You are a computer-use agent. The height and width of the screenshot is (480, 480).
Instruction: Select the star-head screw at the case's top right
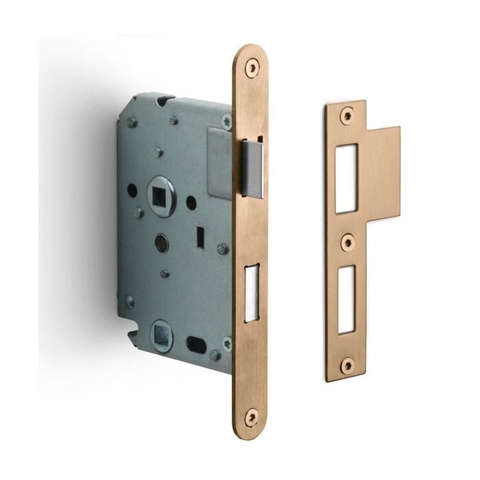click(x=227, y=123)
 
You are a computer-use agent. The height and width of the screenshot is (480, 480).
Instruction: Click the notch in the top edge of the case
click(x=163, y=101)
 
